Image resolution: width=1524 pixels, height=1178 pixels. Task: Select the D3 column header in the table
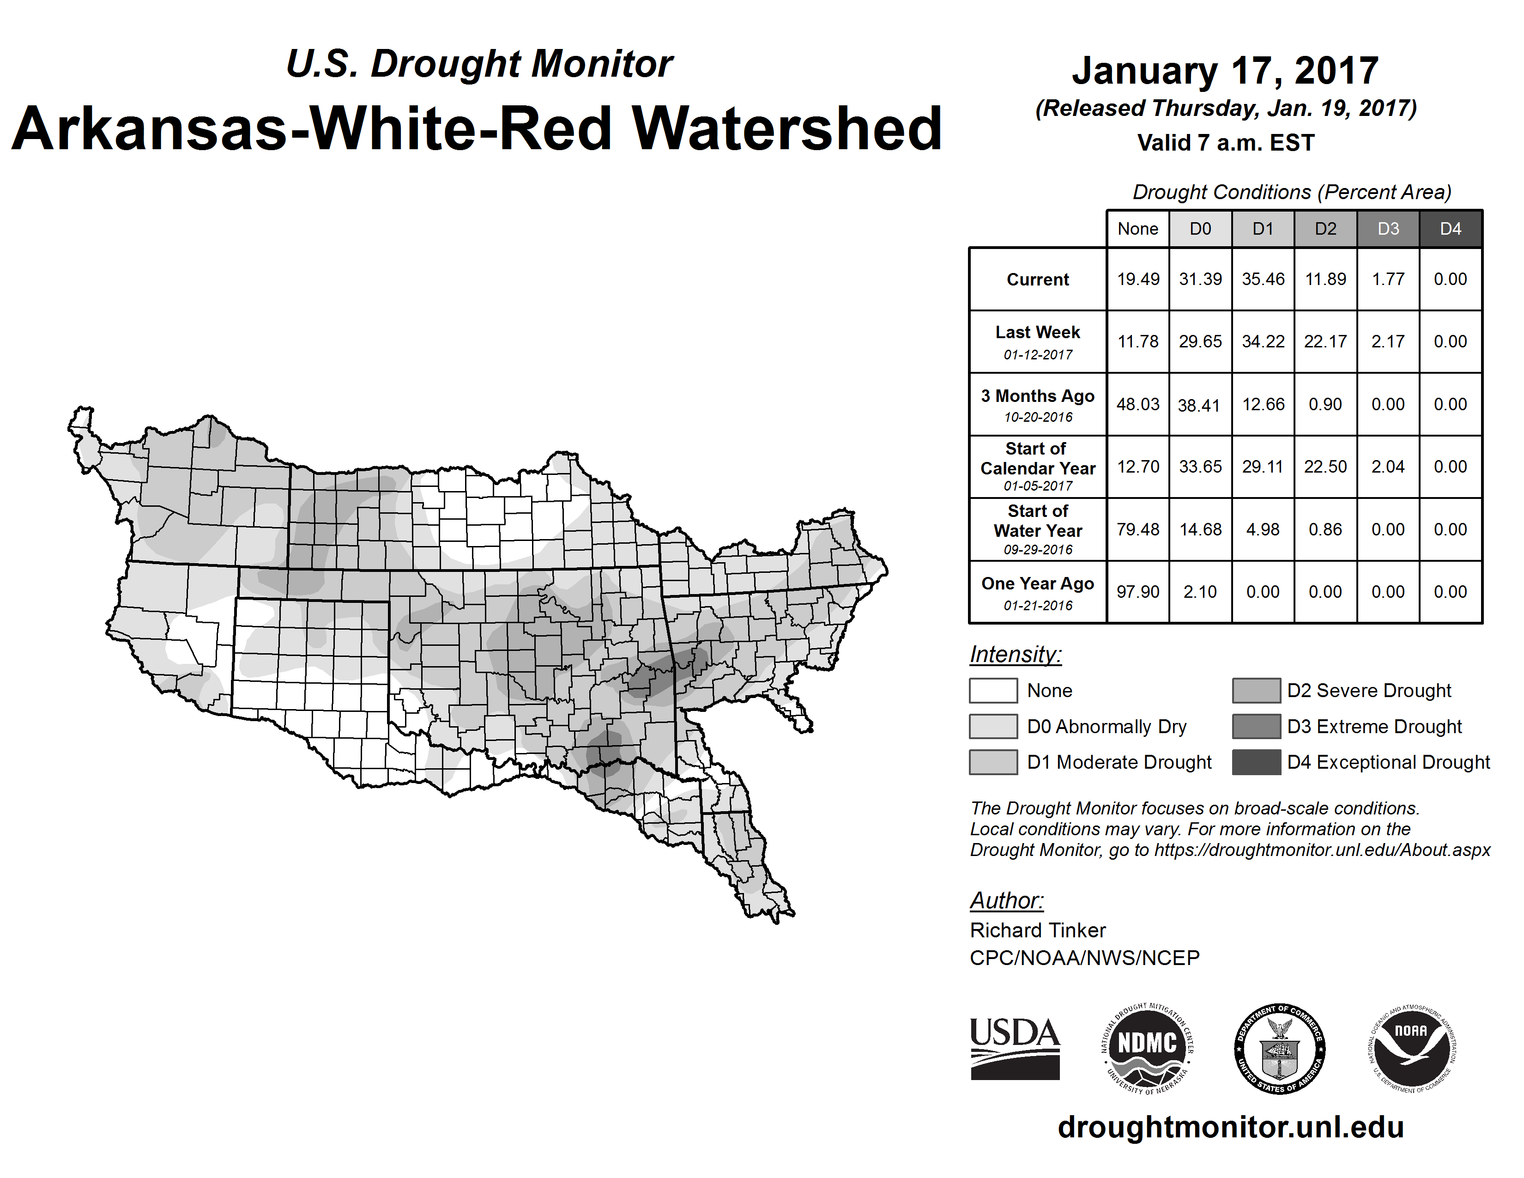[x=1388, y=229]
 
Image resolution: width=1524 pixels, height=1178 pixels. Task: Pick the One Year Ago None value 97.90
[x=1137, y=592]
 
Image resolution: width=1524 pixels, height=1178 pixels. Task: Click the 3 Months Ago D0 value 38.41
[x=1199, y=405]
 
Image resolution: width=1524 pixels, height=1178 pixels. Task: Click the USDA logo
[x=1015, y=1048]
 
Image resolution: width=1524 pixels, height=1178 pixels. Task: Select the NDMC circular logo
[x=1147, y=1048]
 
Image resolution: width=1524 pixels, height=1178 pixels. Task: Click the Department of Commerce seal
[x=1279, y=1048]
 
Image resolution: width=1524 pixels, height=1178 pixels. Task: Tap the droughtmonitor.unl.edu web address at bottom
[x=1231, y=1128]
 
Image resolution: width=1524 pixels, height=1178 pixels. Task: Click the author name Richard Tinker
[x=1038, y=930]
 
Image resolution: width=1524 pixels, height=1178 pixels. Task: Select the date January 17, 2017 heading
[x=1225, y=71]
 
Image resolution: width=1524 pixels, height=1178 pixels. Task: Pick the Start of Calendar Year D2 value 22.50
[x=1325, y=467]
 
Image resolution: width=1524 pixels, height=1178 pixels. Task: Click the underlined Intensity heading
[x=1015, y=655]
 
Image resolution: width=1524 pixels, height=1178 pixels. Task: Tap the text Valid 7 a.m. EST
[x=1225, y=143]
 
